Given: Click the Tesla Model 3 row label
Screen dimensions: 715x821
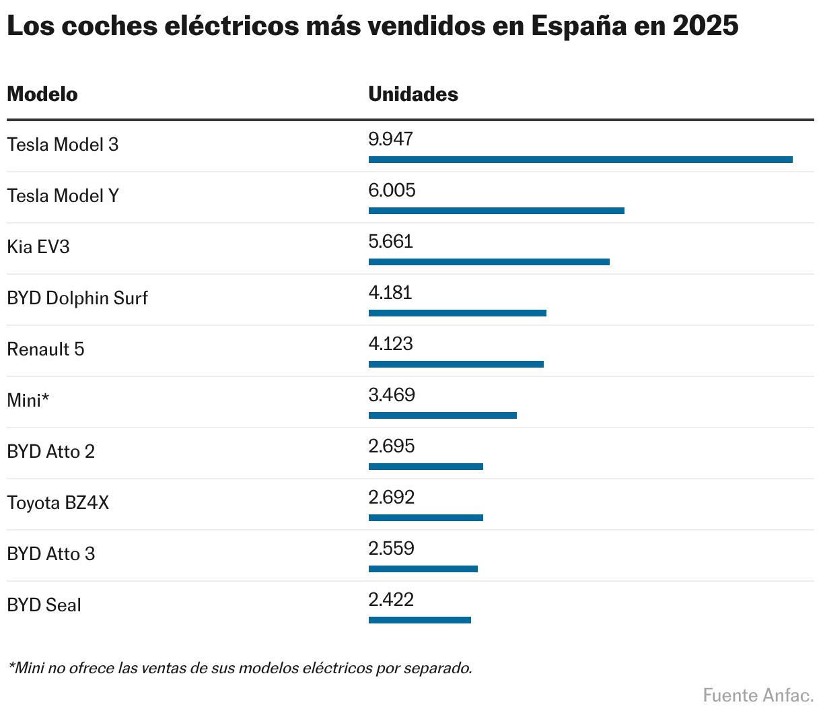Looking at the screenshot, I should click(63, 145).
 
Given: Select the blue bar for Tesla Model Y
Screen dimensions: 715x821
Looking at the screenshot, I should click(496, 211).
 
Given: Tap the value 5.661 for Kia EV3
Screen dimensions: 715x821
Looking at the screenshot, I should click(390, 242).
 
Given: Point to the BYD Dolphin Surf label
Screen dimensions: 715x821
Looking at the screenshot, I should click(77, 298).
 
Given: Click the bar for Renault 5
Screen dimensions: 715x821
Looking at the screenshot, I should click(456, 364).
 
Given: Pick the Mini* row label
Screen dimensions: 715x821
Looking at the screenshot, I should click(28, 401).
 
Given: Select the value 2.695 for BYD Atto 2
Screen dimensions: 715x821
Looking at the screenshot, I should click(391, 446).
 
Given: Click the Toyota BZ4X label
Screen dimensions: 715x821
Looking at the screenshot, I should click(58, 503).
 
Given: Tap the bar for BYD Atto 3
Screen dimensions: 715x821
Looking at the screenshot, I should click(423, 569).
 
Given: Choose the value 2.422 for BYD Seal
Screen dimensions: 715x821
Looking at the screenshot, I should click(391, 600).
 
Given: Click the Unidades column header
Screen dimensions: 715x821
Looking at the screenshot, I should click(413, 94).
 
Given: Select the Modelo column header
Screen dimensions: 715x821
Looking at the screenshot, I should click(42, 94).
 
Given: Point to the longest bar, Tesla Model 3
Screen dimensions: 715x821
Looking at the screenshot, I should click(580, 160).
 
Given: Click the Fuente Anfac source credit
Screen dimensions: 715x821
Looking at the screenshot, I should click(758, 695).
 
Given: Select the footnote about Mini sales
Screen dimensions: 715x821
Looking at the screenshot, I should click(240, 669).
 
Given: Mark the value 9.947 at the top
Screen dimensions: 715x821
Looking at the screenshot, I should click(390, 139).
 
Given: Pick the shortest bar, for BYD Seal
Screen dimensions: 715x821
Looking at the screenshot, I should click(419, 620).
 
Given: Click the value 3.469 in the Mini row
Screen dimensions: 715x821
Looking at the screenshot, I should click(391, 395).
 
